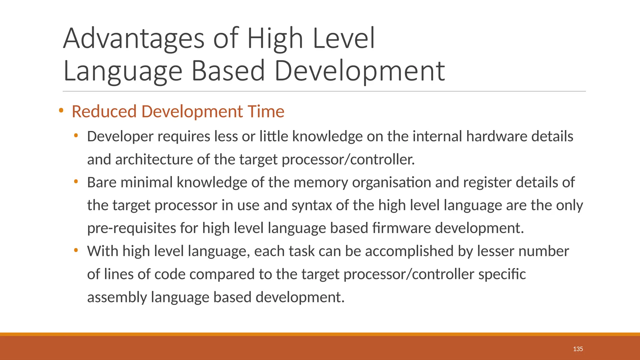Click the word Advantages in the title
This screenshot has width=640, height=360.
(134, 39)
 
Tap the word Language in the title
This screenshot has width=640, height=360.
(122, 71)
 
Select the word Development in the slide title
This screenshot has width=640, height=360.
(359, 71)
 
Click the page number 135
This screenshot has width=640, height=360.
(578, 349)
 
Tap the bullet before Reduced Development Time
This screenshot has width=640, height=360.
(61, 110)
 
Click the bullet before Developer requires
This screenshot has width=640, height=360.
(76, 136)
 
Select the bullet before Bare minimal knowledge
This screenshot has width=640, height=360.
(76, 181)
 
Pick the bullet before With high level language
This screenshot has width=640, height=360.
(76, 250)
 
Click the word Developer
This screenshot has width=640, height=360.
(120, 137)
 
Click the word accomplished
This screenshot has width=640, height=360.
(409, 251)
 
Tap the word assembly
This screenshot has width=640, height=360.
(117, 297)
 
